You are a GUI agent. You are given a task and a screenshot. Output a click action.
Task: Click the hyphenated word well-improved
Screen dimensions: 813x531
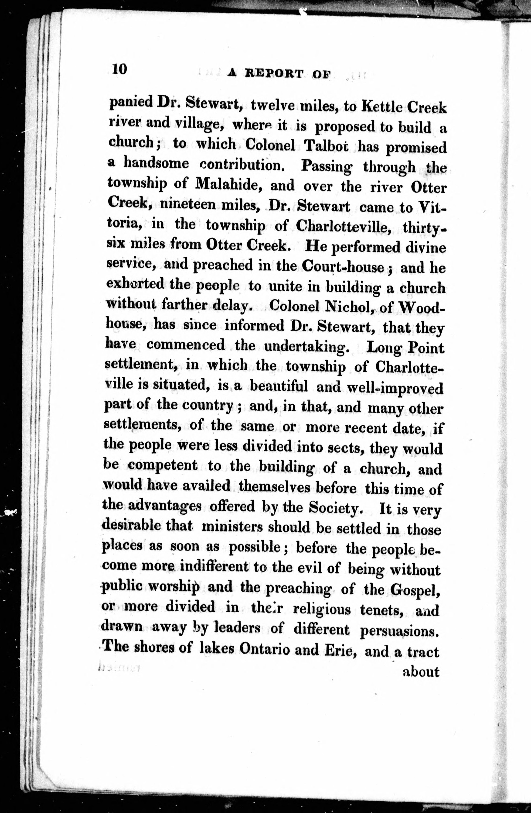(x=395, y=388)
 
